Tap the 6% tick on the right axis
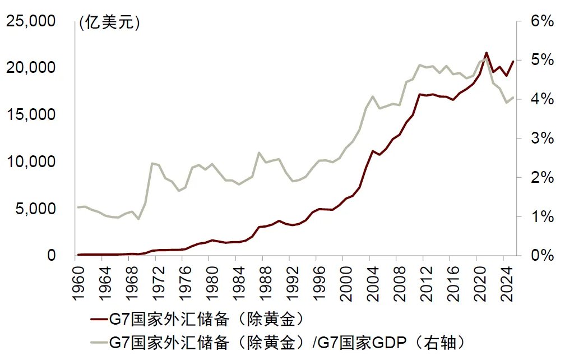click(x=539, y=21)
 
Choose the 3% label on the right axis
click(x=539, y=139)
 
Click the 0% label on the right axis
click(x=539, y=256)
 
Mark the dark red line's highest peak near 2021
click(x=486, y=53)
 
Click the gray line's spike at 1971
click(x=152, y=163)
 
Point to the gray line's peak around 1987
click(x=258, y=153)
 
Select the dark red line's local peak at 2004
click(x=372, y=151)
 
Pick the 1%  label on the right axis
click(x=539, y=216)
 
